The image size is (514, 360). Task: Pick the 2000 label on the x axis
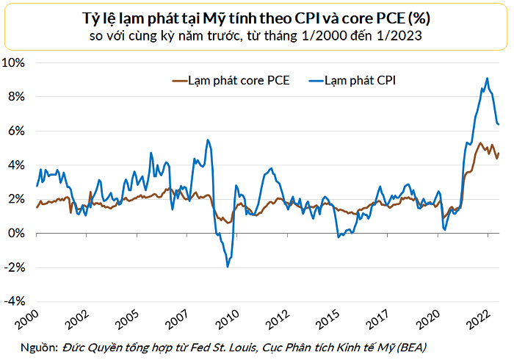(29, 321)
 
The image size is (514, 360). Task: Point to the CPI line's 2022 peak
(487, 79)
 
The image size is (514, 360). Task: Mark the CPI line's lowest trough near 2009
(227, 266)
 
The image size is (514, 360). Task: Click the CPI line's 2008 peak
(208, 140)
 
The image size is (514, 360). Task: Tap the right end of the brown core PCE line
(499, 153)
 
